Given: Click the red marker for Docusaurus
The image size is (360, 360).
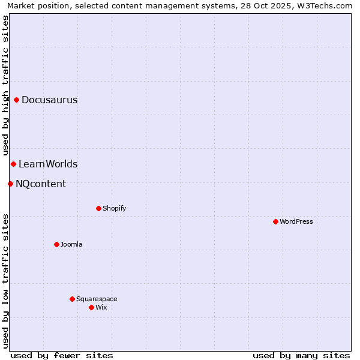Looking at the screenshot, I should click(x=17, y=100).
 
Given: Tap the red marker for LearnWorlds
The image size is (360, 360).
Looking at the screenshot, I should click(x=13, y=164).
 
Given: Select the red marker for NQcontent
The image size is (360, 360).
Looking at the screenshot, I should click(x=10, y=184).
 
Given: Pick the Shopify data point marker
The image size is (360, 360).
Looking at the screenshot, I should click(x=98, y=208).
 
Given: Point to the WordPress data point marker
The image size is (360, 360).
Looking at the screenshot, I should click(x=275, y=221).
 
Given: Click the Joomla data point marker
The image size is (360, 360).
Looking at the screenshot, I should click(x=56, y=244).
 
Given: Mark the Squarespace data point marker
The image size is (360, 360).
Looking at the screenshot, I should click(x=72, y=299).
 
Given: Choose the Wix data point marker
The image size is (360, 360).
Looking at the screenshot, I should click(x=91, y=307).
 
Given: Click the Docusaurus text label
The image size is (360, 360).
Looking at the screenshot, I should click(x=49, y=100).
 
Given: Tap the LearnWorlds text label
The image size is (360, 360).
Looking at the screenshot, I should click(x=48, y=164).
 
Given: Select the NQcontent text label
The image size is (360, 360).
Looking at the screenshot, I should click(x=41, y=184).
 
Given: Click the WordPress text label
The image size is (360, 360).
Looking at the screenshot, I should click(x=296, y=222).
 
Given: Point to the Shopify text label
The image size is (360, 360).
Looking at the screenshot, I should click(x=114, y=209).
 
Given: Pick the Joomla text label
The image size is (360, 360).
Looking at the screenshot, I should click(x=71, y=245).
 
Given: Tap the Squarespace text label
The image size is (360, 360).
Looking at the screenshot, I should click(x=97, y=299).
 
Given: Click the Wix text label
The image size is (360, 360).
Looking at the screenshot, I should click(x=101, y=308).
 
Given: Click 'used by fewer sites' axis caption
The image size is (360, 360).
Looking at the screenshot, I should click(x=62, y=355).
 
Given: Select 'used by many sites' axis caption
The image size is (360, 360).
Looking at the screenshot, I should click(x=301, y=355).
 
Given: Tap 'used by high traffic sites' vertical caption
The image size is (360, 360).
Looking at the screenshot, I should click(x=6, y=85).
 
